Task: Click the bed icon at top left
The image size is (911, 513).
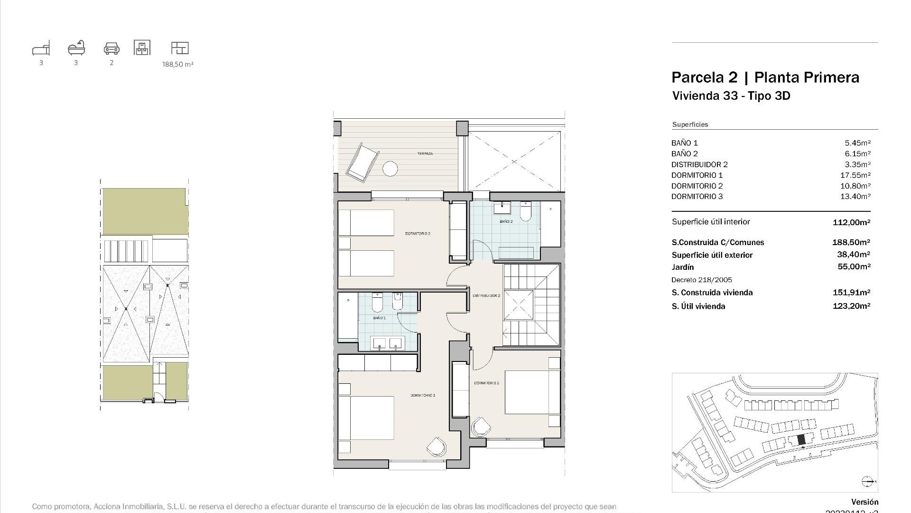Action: [41, 48]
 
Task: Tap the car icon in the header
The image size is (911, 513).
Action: [112, 48]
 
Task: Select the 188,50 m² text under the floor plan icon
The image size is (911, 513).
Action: [178, 64]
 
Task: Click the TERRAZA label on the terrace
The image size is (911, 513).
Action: [425, 154]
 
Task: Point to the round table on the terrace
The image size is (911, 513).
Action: [390, 169]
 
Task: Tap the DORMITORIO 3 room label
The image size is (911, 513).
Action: [418, 234]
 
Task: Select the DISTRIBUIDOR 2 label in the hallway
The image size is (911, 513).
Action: [486, 295]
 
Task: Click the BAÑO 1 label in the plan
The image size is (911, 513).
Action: [379, 318]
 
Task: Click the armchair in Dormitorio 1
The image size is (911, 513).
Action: [437, 446]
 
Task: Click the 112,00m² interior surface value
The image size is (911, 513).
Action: [851, 222]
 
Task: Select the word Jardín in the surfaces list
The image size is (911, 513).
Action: [683, 267]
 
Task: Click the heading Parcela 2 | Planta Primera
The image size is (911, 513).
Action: [765, 77]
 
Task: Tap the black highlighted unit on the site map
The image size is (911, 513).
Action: [801, 440]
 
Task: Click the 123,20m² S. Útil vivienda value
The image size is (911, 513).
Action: [851, 306]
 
